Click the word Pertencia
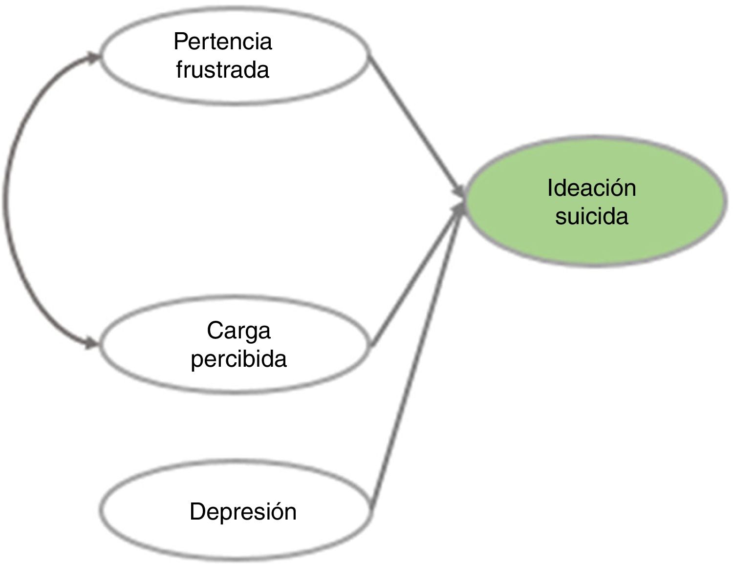click(222, 42)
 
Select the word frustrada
click(222, 70)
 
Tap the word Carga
click(238, 331)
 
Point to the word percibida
click(238, 359)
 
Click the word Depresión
click(243, 512)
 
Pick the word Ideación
click(591, 188)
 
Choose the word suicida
click(591, 216)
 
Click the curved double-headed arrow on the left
click(10, 200)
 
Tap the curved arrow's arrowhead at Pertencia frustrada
click(93, 58)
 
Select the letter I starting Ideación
click(550, 188)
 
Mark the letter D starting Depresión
click(196, 512)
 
